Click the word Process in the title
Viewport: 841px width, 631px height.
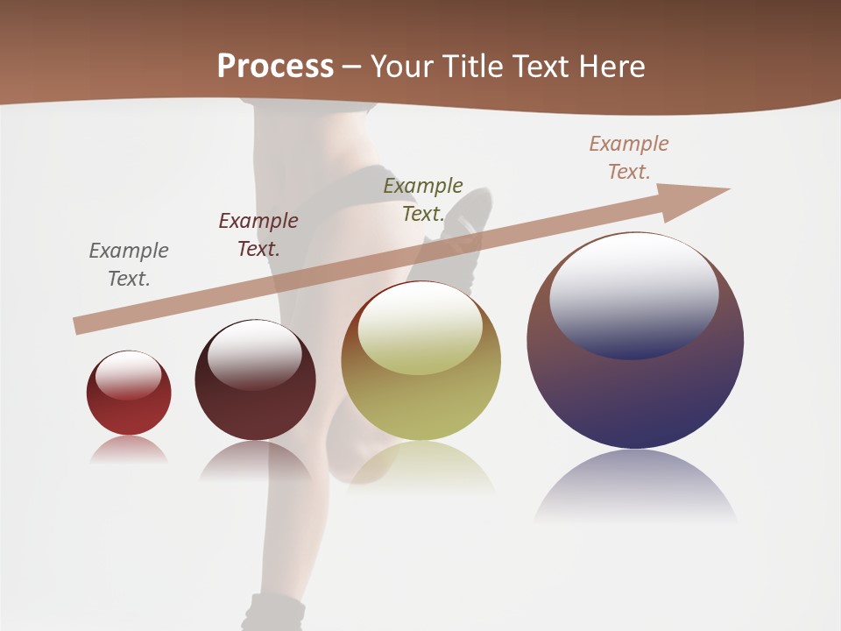coord(275,67)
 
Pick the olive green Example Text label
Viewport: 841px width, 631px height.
coord(423,200)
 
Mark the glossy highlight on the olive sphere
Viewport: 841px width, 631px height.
coord(420,328)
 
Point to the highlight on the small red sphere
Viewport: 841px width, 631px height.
coord(129,376)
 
